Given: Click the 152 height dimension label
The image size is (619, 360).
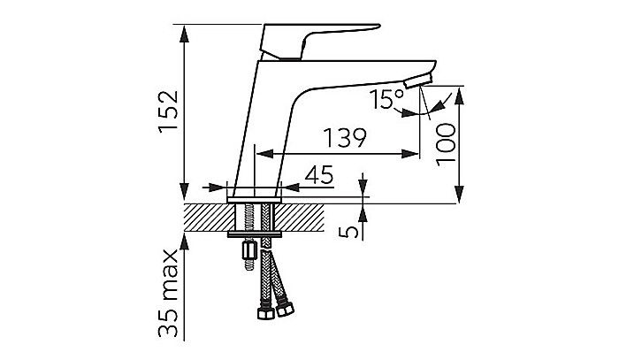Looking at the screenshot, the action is click(x=169, y=111).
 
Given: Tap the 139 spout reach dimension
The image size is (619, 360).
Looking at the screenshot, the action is click(x=345, y=137).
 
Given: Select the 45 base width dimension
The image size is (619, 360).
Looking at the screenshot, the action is click(x=319, y=175).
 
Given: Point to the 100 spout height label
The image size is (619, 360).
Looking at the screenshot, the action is click(x=446, y=144).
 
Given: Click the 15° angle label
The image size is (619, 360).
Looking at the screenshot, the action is click(x=387, y=99).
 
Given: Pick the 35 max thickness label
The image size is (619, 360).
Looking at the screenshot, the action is click(x=169, y=293).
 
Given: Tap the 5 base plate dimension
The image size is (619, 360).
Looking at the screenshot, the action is click(x=349, y=232).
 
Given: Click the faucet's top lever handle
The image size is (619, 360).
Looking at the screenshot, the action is click(x=320, y=42).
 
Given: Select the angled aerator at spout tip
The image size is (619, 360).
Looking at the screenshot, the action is click(x=418, y=80).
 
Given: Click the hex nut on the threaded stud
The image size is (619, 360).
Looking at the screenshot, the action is click(x=249, y=249).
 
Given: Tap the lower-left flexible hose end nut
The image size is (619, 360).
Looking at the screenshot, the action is click(x=265, y=313).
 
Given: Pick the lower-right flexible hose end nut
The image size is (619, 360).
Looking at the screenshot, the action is click(x=285, y=309).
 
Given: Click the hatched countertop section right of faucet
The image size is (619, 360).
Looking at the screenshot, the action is click(x=299, y=218).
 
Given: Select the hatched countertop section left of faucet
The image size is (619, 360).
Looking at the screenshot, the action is click(x=210, y=218).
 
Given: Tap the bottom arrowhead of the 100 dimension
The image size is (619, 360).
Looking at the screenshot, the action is click(x=459, y=195).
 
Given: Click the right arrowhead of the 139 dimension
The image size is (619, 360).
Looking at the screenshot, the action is click(x=409, y=154).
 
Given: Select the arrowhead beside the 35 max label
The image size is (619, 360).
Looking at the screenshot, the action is click(x=184, y=241).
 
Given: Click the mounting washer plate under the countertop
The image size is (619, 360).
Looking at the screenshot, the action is click(x=255, y=234).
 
